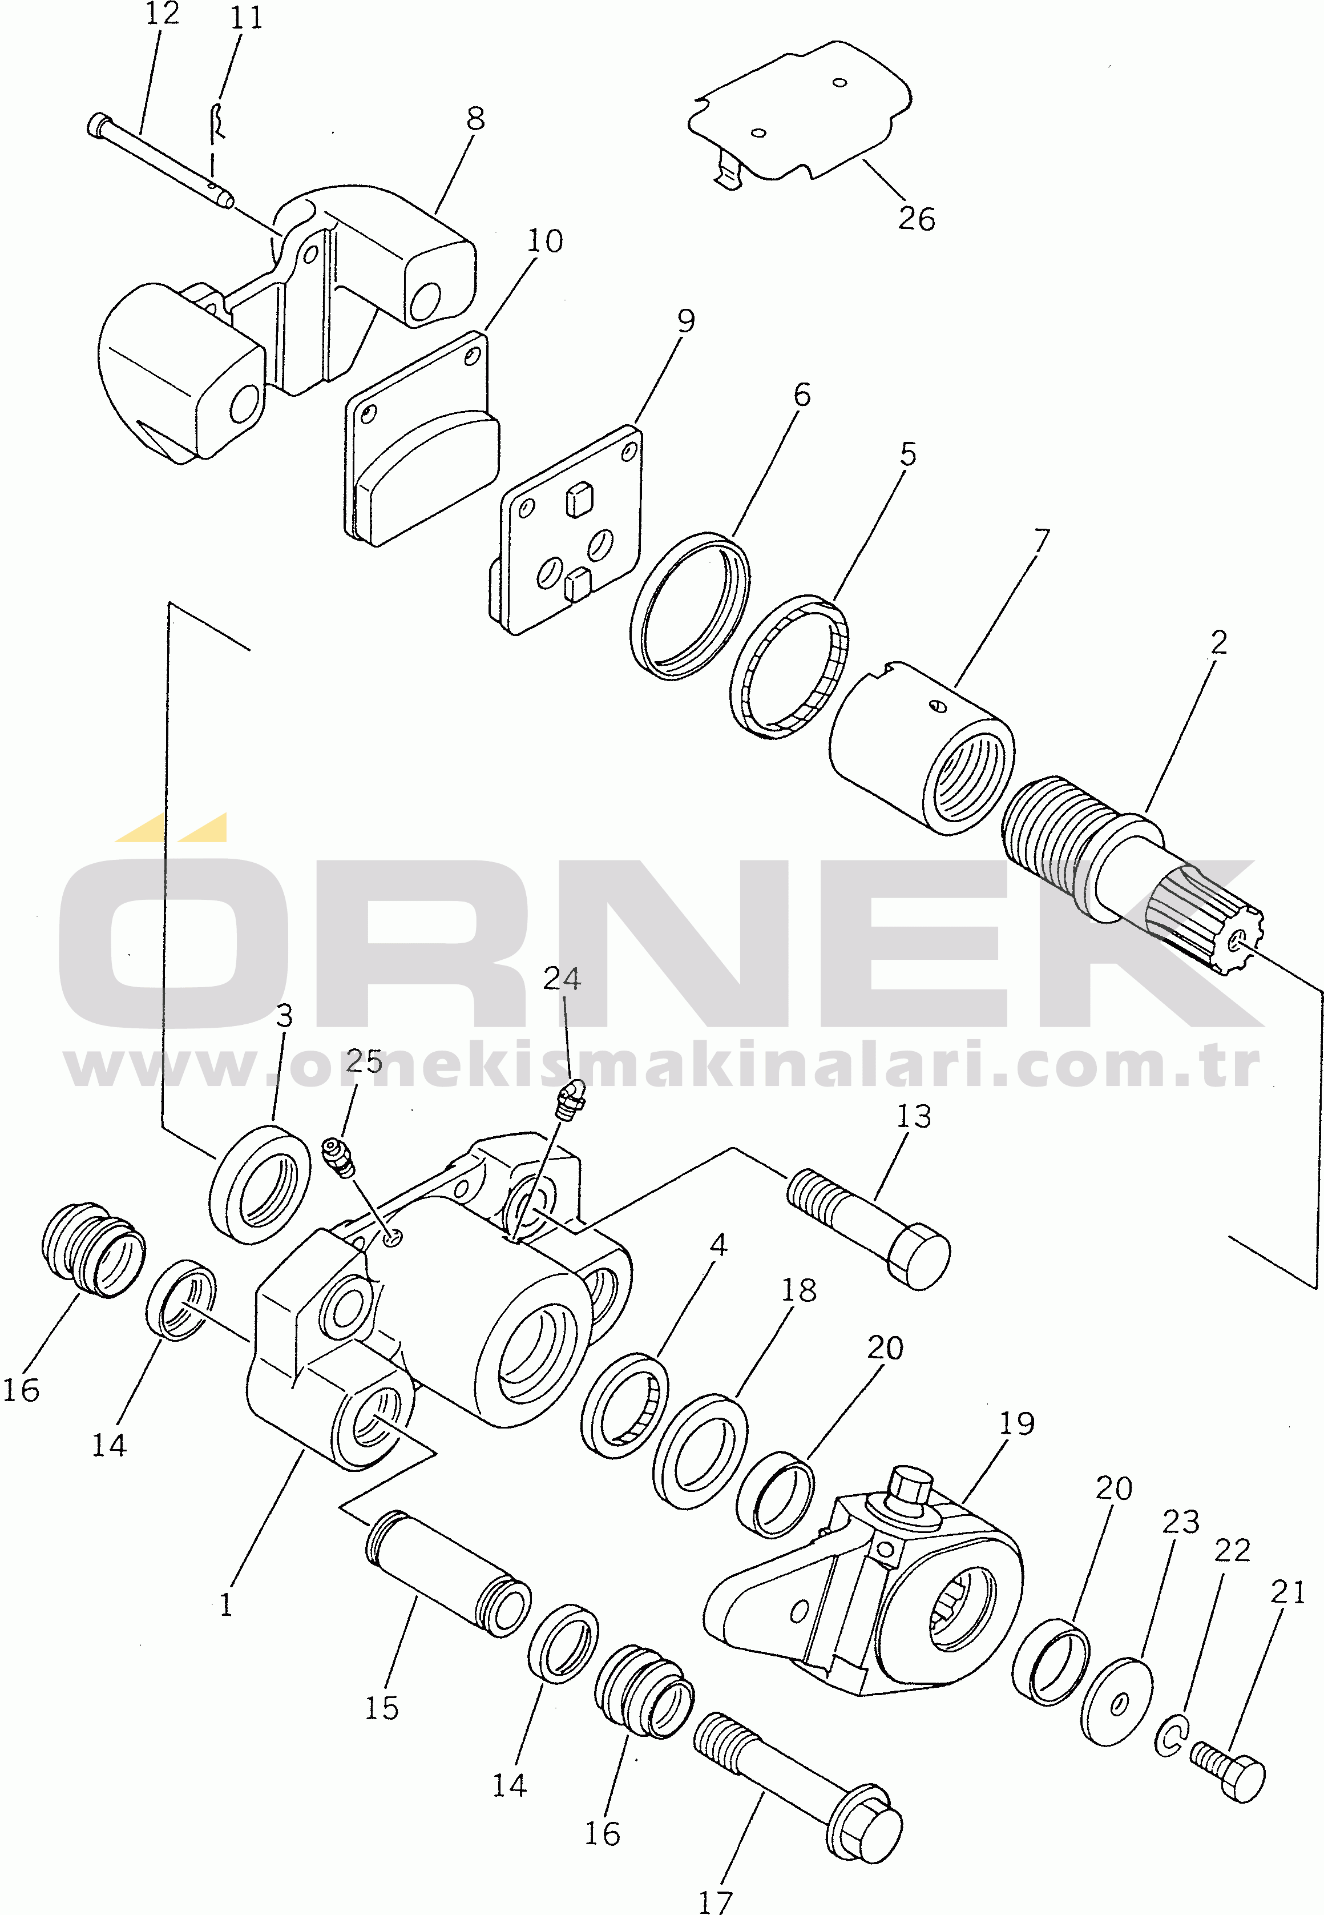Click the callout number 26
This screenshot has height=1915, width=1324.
tap(916, 219)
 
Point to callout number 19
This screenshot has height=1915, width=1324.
tap(1016, 1424)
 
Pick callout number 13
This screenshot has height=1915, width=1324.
tap(913, 1116)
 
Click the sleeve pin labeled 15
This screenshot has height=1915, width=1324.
tap(449, 1572)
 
